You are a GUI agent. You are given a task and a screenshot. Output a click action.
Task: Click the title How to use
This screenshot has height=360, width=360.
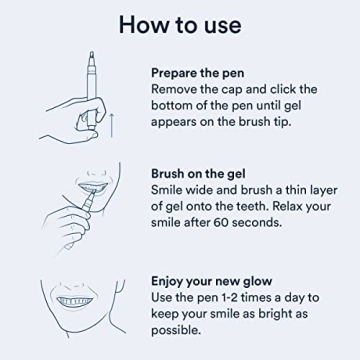pyautogui.click(x=179, y=23)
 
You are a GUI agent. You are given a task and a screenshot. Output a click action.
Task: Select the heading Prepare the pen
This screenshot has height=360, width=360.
pyautogui.click(x=204, y=73)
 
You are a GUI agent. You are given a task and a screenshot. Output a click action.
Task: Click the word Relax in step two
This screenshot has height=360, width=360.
pyautogui.click(x=284, y=205)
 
